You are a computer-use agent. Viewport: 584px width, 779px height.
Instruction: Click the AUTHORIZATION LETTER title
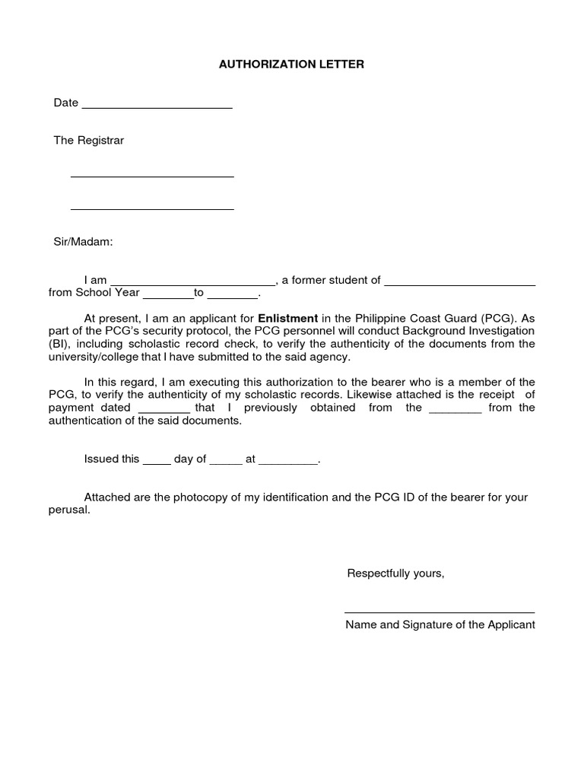click(x=292, y=65)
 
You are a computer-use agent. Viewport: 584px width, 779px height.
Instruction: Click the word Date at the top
click(x=65, y=103)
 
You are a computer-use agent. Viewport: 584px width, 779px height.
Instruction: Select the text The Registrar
click(x=88, y=141)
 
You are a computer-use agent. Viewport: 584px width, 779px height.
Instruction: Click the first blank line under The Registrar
click(x=152, y=176)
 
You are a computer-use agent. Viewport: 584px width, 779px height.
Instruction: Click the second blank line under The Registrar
click(x=152, y=208)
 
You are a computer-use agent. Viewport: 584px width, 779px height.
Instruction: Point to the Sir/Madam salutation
click(x=83, y=241)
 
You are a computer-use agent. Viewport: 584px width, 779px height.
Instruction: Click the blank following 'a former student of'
click(x=460, y=283)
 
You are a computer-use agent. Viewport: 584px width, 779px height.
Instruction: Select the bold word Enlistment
click(x=288, y=318)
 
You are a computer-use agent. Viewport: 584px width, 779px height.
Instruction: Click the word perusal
click(x=68, y=510)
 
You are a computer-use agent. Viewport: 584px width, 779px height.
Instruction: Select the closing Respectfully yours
click(x=395, y=573)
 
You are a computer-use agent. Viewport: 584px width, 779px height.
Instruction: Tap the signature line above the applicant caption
click(x=439, y=612)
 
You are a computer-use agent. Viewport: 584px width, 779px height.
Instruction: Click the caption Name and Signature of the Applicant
click(x=440, y=625)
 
